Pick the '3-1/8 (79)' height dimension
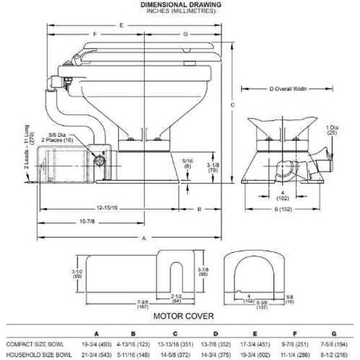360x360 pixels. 213,167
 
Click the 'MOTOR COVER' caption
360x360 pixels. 182,315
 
